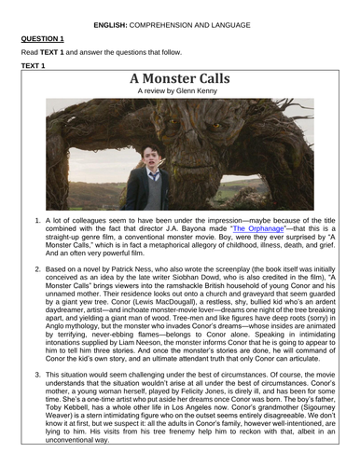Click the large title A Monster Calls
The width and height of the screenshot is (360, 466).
180,79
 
